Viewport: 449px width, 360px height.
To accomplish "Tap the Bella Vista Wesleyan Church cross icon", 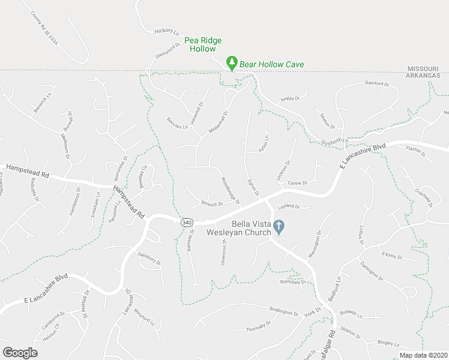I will pyautogui.click(x=279, y=226).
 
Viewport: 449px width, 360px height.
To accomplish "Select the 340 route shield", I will pyautogui.click(x=187, y=222).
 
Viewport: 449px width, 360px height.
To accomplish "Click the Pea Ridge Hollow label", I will pyautogui.click(x=203, y=44).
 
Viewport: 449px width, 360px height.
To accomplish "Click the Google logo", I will pyautogui.click(x=20, y=353).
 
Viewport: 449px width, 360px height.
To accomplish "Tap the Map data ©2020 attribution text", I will pyautogui.click(x=423, y=355).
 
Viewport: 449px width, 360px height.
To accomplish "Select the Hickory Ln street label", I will pyautogui.click(x=167, y=31).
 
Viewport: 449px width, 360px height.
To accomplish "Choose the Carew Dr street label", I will pyautogui.click(x=297, y=183).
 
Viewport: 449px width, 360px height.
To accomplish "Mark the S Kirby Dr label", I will pyautogui.click(x=391, y=256).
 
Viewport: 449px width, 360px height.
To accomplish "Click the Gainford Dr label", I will pyautogui.click(x=376, y=85).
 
